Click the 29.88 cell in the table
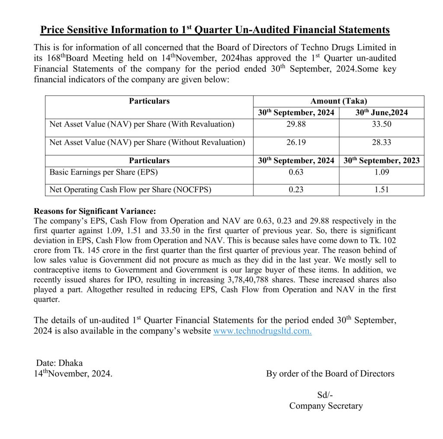pyautogui.click(x=296, y=125)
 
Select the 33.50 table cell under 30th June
pyautogui.click(x=382, y=125)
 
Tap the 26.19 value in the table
pyautogui.click(x=296, y=142)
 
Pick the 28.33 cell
pyautogui.click(x=382, y=142)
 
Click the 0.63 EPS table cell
pyautogui.click(x=296, y=172)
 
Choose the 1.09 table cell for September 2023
pyautogui.click(x=382, y=172)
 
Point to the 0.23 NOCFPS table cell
pyautogui.click(x=296, y=190)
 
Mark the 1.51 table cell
pyautogui.click(x=382, y=190)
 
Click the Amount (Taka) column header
pyautogui.click(x=338, y=101)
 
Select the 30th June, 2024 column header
pyautogui.click(x=382, y=113)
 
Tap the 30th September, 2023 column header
pyautogui.click(x=382, y=161)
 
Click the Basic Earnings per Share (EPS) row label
pyautogui.click(x=104, y=172)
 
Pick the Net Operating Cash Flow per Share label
pyautogui.click(x=130, y=190)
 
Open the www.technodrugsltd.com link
pyautogui.click(x=262, y=332)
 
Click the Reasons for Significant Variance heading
pyautogui.click(x=94, y=212)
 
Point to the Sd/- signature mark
pyautogui.click(x=325, y=395)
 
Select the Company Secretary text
pyautogui.click(x=326, y=406)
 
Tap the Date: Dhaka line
pyautogui.click(x=59, y=363)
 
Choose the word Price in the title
pyautogui.click(x=53, y=30)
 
